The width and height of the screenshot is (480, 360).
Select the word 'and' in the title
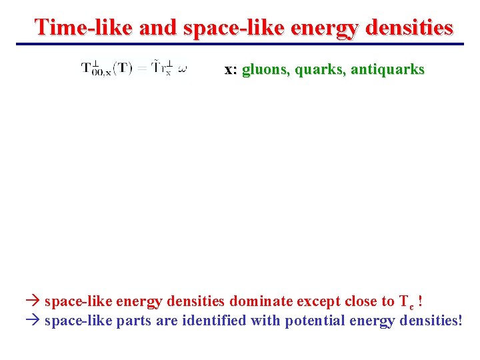(x=157, y=27)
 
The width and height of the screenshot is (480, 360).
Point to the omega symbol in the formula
(x=183, y=68)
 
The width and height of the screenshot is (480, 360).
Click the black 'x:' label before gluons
(x=231, y=69)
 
